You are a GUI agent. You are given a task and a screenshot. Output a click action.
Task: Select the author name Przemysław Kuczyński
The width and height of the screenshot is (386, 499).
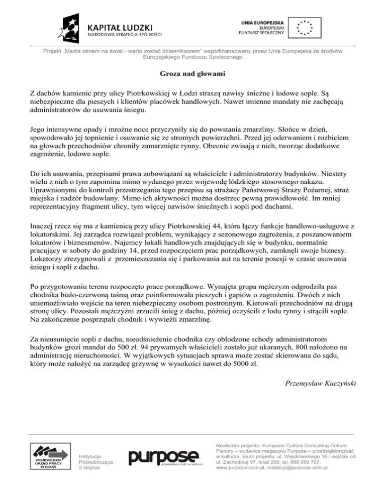pos(321,384)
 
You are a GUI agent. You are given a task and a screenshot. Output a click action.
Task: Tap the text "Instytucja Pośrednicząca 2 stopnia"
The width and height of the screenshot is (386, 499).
pos(96,458)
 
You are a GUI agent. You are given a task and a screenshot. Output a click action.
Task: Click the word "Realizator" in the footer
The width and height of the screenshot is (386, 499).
pos(229,445)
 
